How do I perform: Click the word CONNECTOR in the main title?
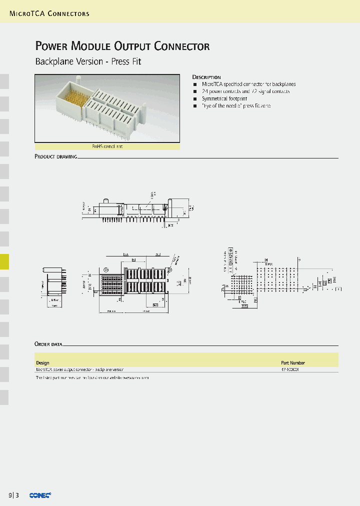[x=182, y=46]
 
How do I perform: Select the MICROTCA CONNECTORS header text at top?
[x=49, y=13]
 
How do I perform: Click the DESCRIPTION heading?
[x=206, y=77]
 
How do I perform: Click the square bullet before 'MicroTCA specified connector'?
[x=194, y=84]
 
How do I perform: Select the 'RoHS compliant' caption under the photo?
[x=107, y=146]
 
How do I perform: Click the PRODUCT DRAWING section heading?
[x=55, y=156]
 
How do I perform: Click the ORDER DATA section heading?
[x=48, y=344]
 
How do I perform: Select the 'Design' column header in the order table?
[x=42, y=363]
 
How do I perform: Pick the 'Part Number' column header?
[x=292, y=363]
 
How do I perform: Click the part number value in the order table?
[x=290, y=370]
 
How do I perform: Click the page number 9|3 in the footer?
[x=14, y=495]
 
